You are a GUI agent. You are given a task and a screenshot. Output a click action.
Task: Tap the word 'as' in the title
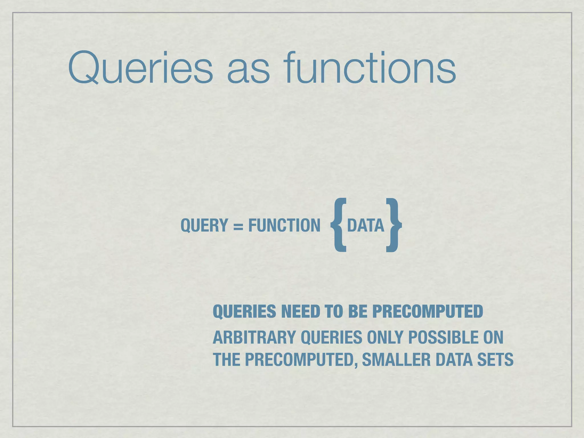tap(248, 71)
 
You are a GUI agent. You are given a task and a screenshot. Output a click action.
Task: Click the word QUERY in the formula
tap(204, 226)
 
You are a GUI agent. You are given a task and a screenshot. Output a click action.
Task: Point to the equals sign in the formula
tap(238, 226)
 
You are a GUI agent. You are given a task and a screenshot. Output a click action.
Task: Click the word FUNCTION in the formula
tap(284, 226)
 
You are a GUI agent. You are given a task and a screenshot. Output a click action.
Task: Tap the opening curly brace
tap(339, 225)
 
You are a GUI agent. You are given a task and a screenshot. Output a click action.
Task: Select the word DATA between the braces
tap(366, 226)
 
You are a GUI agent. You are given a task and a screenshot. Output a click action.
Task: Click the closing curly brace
tap(394, 225)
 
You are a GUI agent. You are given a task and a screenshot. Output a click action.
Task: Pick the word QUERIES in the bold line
tap(244, 311)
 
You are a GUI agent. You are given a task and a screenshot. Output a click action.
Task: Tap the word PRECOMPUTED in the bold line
tap(427, 311)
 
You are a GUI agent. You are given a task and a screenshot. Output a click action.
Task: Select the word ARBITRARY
tap(254, 338)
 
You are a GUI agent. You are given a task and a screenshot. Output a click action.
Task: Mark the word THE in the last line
tap(227, 360)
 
